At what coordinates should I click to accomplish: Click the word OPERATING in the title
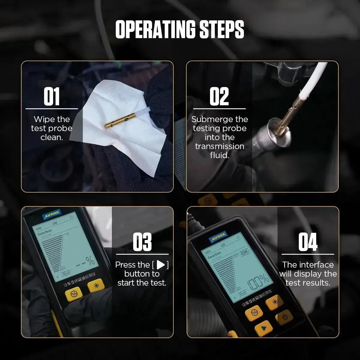click(156, 29)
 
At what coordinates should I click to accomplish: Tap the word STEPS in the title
click(222, 29)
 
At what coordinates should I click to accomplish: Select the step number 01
click(52, 97)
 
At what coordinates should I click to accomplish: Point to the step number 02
click(219, 97)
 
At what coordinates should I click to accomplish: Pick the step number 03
click(142, 242)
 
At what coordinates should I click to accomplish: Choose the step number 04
click(308, 242)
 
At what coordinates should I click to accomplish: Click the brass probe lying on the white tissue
click(118, 123)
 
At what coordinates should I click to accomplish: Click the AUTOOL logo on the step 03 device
click(52, 215)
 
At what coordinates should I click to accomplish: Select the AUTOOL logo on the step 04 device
click(218, 237)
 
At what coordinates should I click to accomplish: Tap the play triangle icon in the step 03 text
click(161, 265)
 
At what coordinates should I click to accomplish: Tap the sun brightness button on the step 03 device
click(96, 285)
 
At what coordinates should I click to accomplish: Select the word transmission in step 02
click(220, 146)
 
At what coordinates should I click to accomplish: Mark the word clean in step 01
click(51, 137)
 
